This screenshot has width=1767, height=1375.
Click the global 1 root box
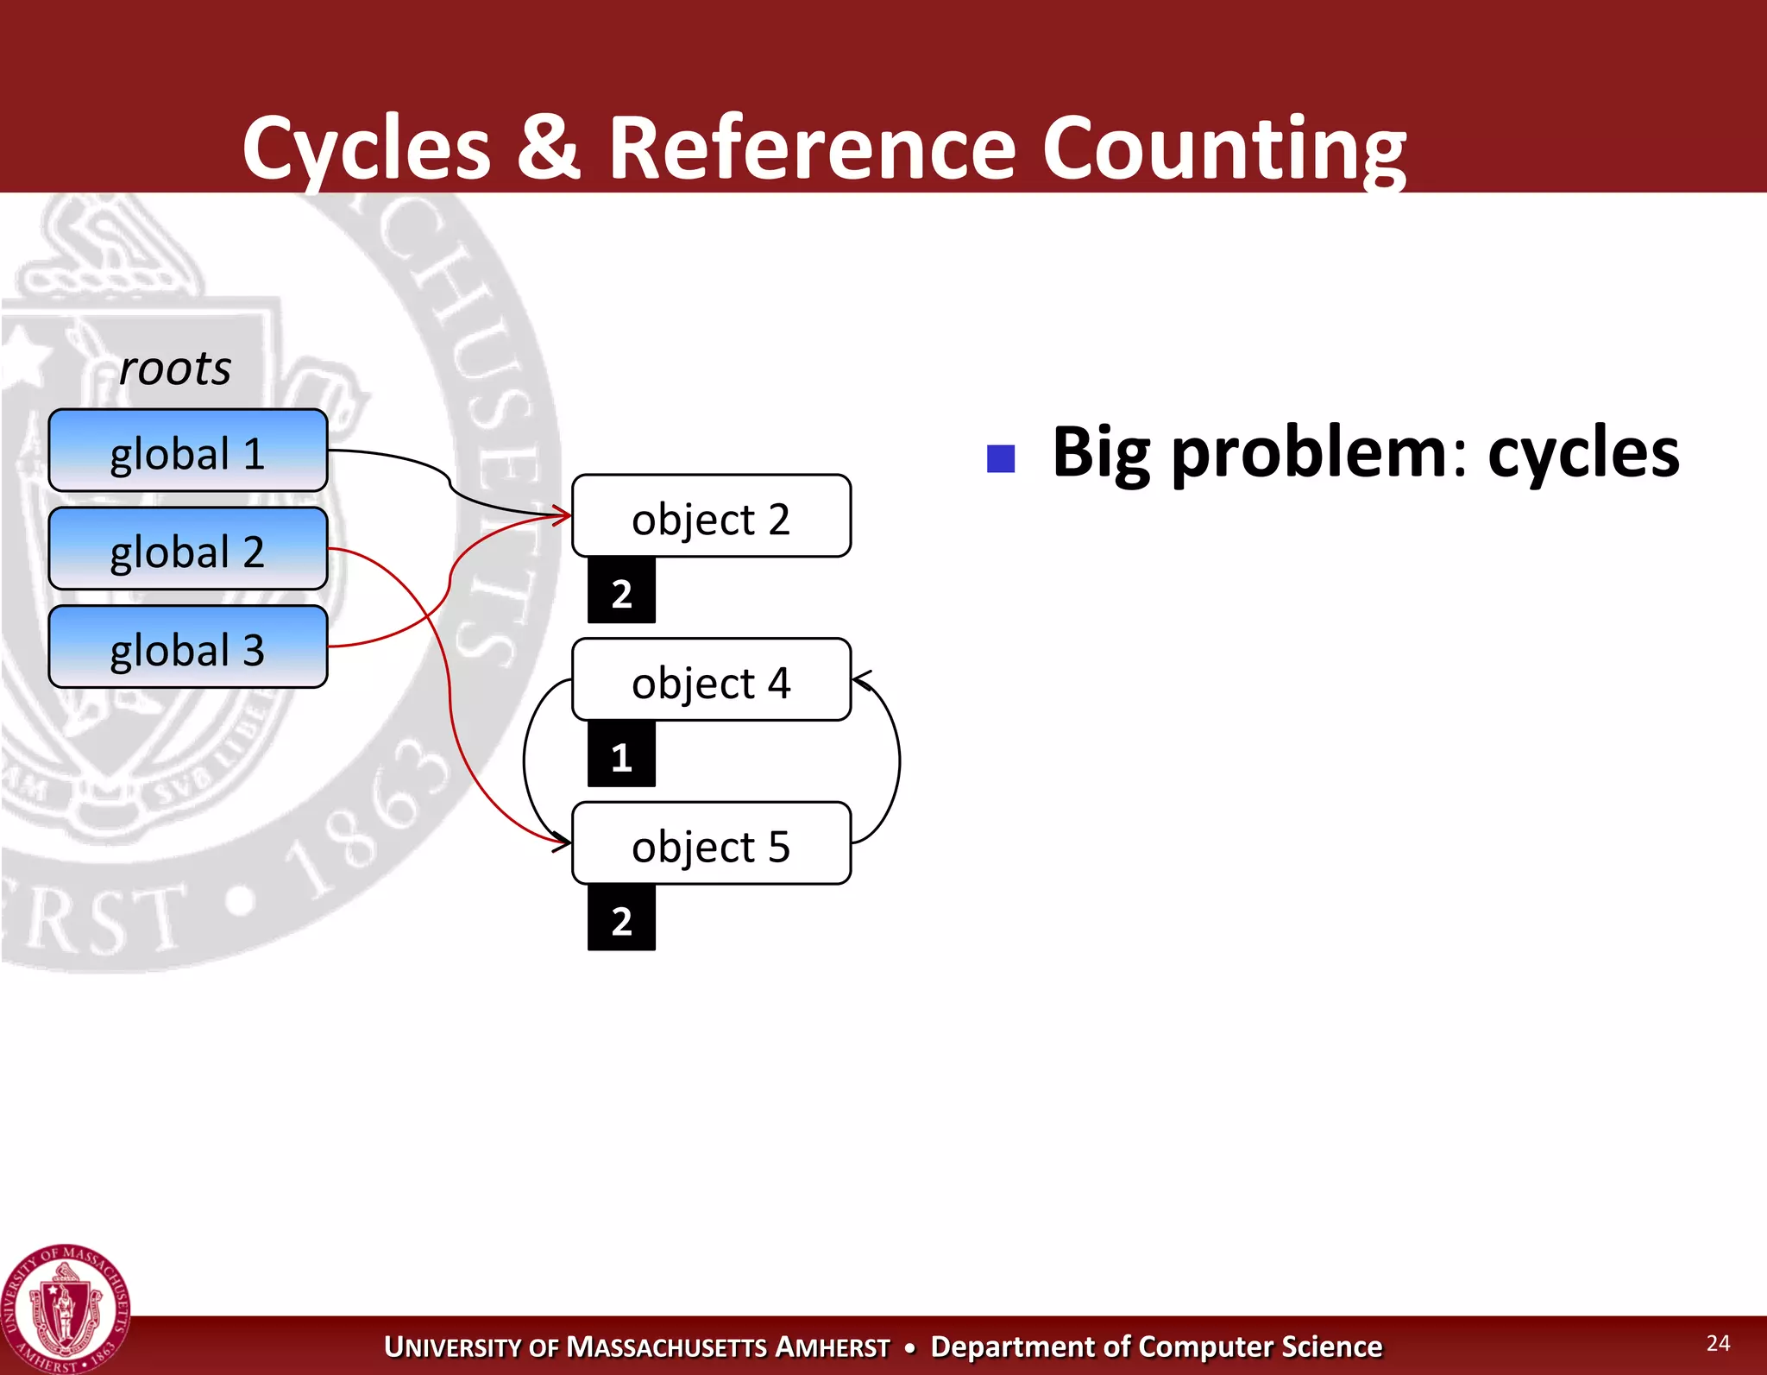pos(187,451)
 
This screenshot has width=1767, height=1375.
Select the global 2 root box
pos(187,549)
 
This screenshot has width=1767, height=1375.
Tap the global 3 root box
pos(187,647)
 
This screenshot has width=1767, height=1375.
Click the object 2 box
pos(711,516)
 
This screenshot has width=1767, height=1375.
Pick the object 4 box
pos(711,680)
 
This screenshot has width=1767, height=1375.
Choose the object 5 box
pos(711,843)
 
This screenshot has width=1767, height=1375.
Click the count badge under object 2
pos(621,591)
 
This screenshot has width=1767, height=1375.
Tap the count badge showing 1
pos(621,755)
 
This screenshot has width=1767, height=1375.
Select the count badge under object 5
pos(621,919)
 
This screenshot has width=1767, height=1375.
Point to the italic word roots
pos(175,369)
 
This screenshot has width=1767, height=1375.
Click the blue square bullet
pos(1001,458)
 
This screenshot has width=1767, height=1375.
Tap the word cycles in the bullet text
pos(1583,452)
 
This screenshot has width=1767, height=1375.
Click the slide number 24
pos(1718,1343)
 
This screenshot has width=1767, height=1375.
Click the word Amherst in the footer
pos(832,1347)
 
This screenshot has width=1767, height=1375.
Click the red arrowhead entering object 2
pos(563,516)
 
